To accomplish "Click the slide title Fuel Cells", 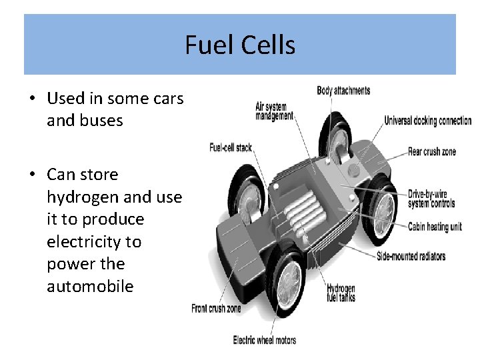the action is pos(240,45).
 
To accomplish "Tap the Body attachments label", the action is pos(343,91).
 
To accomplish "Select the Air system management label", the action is pos(274,111).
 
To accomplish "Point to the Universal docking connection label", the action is pos(427,121).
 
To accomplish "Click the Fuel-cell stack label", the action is pos(231,147).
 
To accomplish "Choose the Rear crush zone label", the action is pos(431,151).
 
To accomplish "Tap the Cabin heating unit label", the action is pos(435,227).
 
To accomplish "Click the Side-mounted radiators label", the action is pos(411,256).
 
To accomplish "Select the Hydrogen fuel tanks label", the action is pos(341,293).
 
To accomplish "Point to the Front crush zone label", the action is pos(216,308).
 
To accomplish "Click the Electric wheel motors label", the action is pos(264,340).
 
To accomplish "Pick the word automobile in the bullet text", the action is pos(90,287).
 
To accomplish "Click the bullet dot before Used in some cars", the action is pos(32,99).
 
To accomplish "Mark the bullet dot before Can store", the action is pos(32,175).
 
